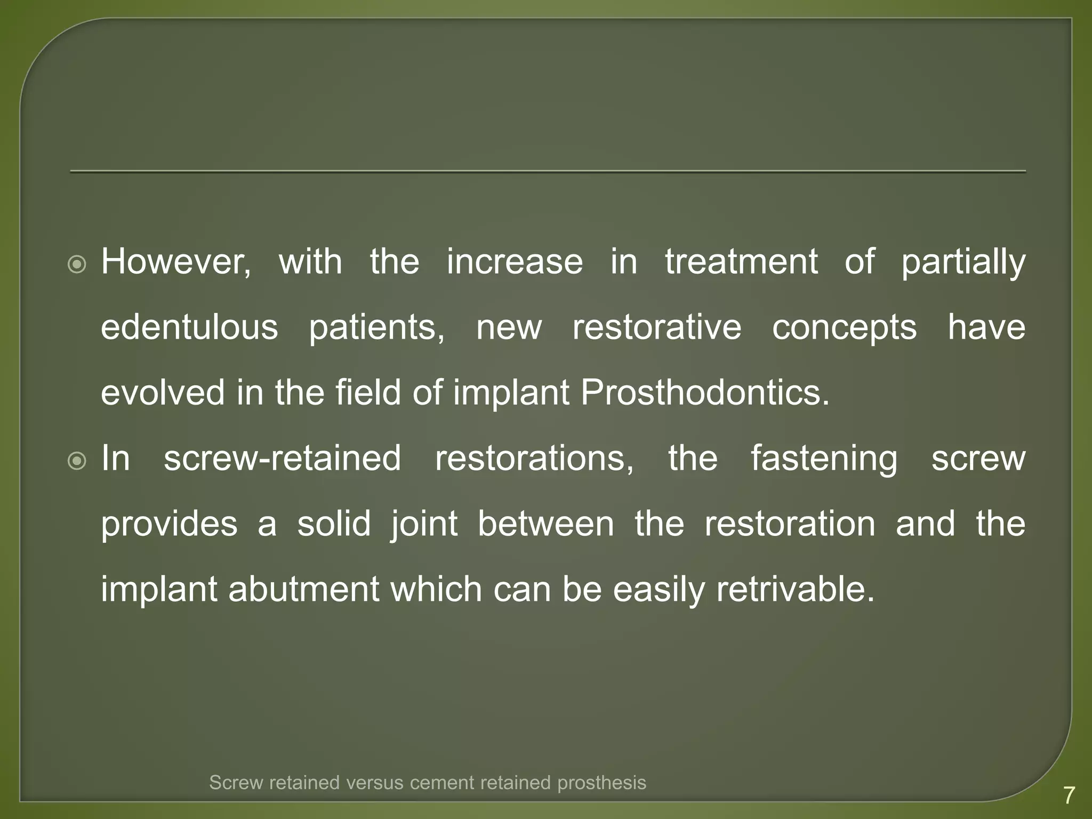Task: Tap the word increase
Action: [x=515, y=262]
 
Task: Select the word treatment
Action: [x=741, y=262]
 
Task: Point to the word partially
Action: [x=963, y=262]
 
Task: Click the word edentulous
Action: [x=189, y=327]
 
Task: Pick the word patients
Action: [x=376, y=327]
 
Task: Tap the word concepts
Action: [x=844, y=327]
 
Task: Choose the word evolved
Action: [x=163, y=393]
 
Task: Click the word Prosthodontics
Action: [x=704, y=393]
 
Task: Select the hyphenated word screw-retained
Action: [x=282, y=459]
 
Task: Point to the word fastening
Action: [x=824, y=459]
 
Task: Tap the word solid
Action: [x=334, y=524]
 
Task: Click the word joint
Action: [x=424, y=524]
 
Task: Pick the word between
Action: [x=545, y=524]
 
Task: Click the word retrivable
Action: [x=795, y=590]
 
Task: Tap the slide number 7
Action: [x=1069, y=796]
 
